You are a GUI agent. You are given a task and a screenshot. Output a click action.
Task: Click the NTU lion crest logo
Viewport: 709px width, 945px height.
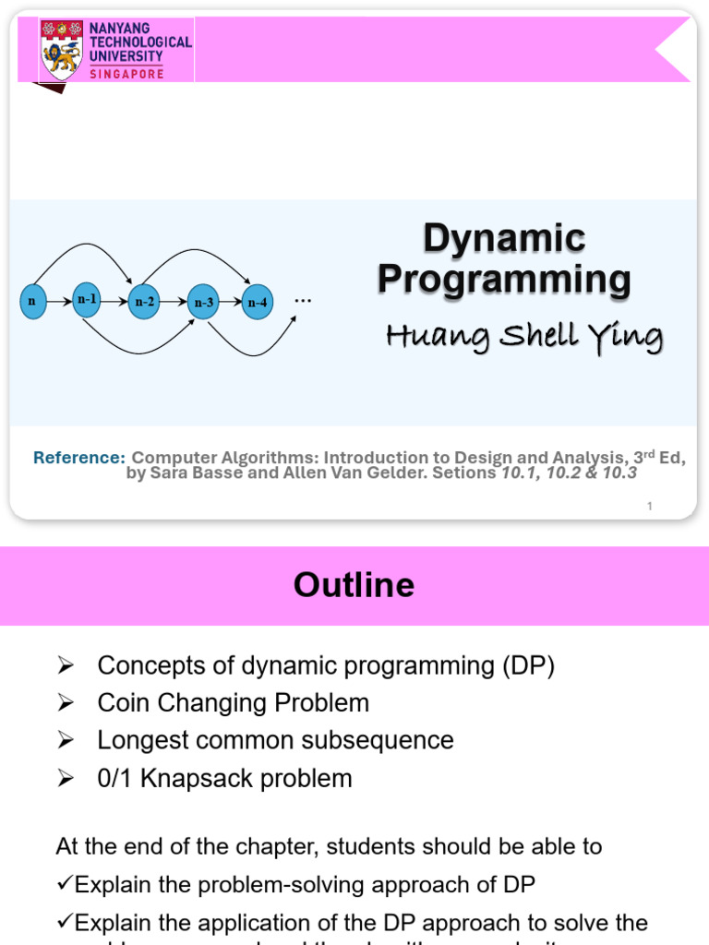pyautogui.click(x=63, y=51)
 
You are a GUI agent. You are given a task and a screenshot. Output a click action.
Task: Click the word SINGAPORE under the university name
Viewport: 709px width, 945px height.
pyautogui.click(x=126, y=74)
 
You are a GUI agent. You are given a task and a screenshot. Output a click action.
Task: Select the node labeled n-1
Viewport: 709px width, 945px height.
pyautogui.click(x=87, y=300)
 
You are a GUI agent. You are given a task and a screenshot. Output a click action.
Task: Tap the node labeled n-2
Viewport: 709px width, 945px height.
pyautogui.click(x=145, y=302)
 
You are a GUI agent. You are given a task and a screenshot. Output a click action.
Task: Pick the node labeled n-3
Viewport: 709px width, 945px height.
pyautogui.click(x=203, y=302)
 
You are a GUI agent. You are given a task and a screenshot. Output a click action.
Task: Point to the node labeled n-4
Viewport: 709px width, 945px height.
pyautogui.click(x=258, y=302)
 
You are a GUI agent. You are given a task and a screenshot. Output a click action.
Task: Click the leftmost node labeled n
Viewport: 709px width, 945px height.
pyautogui.click(x=33, y=301)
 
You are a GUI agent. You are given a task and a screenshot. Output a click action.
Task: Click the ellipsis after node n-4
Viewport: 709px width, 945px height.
pyautogui.click(x=303, y=300)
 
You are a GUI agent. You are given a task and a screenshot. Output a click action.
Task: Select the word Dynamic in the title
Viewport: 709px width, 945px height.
pyautogui.click(x=504, y=238)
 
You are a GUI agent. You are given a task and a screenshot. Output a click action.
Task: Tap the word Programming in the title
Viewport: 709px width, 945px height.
pyautogui.click(x=504, y=279)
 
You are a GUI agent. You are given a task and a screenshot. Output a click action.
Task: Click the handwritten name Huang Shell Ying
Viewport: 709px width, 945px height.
pyautogui.click(x=523, y=337)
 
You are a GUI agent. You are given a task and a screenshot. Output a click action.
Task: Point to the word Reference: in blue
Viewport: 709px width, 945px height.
pyautogui.click(x=78, y=458)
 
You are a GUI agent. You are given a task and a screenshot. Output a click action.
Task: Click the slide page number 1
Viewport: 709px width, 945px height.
pyautogui.click(x=650, y=506)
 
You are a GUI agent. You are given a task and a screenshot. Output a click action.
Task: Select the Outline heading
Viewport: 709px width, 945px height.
pyautogui.click(x=354, y=585)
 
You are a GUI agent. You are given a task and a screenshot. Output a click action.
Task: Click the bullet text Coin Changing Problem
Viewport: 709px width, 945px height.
pyautogui.click(x=233, y=703)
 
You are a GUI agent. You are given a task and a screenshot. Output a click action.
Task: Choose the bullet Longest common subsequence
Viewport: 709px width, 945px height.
pyautogui.click(x=275, y=740)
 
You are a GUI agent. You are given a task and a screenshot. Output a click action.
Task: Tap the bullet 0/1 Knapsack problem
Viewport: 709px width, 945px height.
pyautogui.click(x=224, y=778)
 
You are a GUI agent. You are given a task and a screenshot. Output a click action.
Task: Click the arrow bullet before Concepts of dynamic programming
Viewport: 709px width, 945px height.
pyautogui.click(x=65, y=665)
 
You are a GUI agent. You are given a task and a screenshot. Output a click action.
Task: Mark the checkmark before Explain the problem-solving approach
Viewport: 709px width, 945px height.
pyautogui.click(x=65, y=884)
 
